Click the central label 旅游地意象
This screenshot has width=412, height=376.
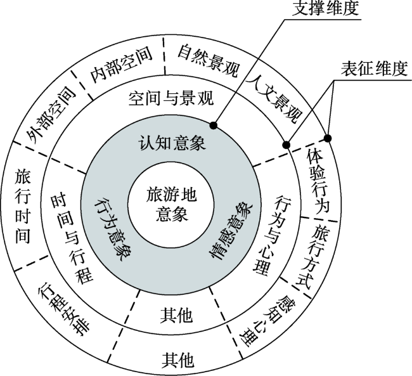(x=171, y=204)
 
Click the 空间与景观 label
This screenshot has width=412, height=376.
(x=171, y=99)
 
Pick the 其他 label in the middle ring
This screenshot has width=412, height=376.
(x=177, y=314)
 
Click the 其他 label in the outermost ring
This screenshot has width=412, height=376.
(x=178, y=360)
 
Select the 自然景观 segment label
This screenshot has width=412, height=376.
(x=209, y=61)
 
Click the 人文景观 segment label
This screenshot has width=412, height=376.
(x=274, y=100)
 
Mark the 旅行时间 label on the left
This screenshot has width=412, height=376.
(x=23, y=206)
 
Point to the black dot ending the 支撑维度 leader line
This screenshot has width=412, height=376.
(x=214, y=126)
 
